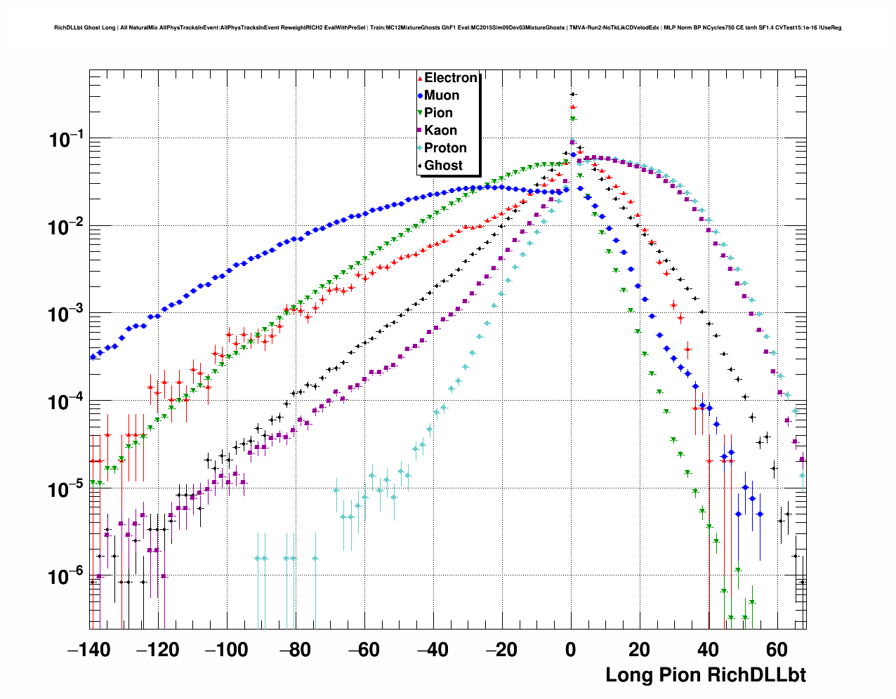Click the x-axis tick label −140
(x=89, y=650)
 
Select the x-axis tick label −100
(x=227, y=650)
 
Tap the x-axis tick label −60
(x=364, y=650)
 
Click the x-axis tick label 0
(x=571, y=650)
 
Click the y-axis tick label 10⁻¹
(x=65, y=140)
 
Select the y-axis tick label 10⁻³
(x=65, y=314)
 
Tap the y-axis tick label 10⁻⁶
(x=65, y=577)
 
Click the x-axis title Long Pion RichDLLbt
(x=705, y=675)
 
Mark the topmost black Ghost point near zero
(x=572, y=94)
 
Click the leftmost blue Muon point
(x=93, y=357)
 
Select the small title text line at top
(x=447, y=28)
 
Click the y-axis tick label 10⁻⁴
(x=65, y=402)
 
